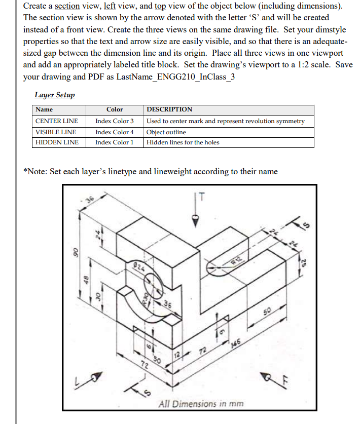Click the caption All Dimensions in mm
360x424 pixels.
(201, 404)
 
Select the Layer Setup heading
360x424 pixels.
(54, 95)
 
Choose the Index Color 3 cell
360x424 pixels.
(115, 121)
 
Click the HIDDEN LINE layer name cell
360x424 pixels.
(57, 142)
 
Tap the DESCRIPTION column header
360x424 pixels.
(169, 109)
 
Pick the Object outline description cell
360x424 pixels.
(166, 132)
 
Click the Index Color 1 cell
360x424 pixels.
(115, 142)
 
